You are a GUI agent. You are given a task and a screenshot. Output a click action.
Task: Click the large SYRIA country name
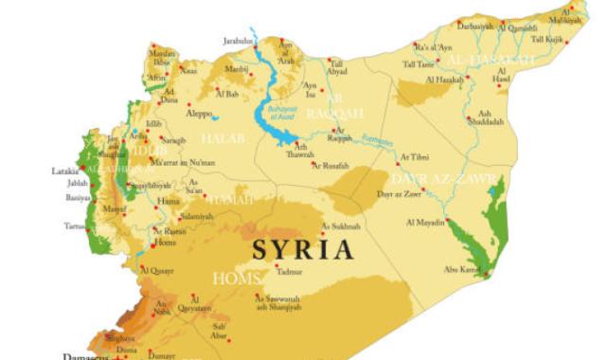click(x=303, y=250)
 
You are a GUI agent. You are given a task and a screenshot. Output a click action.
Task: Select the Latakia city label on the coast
click(x=64, y=171)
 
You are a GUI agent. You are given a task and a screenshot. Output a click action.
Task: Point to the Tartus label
click(x=74, y=226)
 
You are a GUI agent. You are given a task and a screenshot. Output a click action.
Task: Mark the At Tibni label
click(x=415, y=157)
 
